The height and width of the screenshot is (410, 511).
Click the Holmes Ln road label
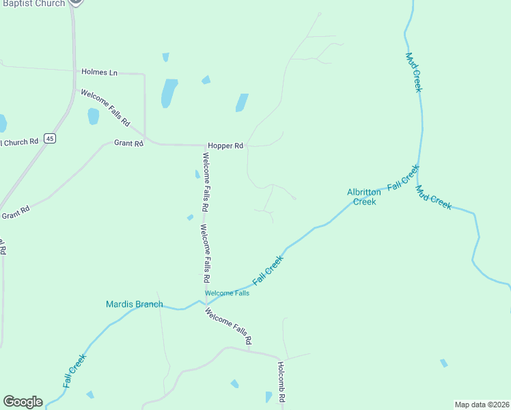coord(100,72)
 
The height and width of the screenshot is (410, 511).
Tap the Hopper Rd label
coord(226,146)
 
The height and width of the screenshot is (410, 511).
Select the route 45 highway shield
coord(49,139)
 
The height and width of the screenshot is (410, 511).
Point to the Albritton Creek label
coord(362,197)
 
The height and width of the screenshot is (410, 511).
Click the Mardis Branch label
coord(135,304)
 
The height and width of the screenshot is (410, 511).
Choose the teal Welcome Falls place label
coord(227,293)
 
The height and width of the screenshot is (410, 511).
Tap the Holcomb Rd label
coord(281,381)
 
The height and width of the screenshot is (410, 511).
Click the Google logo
coord(23,402)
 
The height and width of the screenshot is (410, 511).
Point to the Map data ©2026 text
coord(482,404)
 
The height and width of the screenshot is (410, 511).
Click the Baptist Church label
coord(32,3)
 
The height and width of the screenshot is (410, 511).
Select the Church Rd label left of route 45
coord(19,142)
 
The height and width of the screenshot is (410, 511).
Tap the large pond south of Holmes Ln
coord(169,93)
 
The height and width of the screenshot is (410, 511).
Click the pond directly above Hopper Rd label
coord(241,102)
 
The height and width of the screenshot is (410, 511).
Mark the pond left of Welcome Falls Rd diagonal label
coord(93,116)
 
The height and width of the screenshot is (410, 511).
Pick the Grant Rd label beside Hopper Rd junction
coord(128,143)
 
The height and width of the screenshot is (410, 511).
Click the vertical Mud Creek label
coord(414,72)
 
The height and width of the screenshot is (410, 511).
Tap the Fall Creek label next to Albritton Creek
coord(402,178)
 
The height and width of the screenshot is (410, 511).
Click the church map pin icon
coord(76,2)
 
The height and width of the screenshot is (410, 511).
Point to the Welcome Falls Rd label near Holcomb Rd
coord(229,326)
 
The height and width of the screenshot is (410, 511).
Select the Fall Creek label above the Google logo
coord(74,371)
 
